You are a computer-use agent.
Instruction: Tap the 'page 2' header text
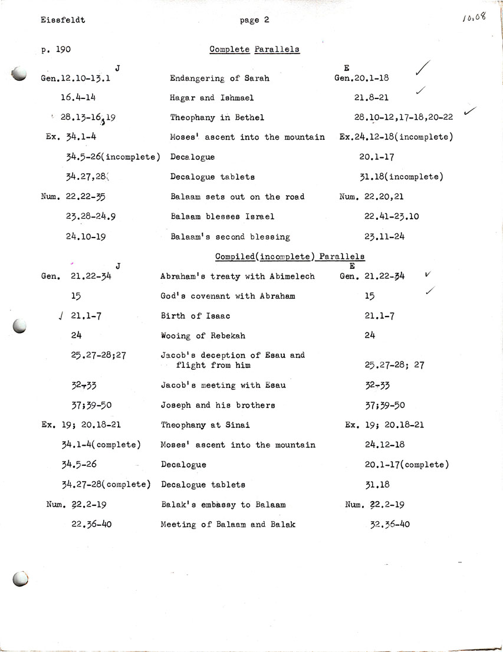point(255,20)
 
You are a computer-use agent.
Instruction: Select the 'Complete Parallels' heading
point(255,50)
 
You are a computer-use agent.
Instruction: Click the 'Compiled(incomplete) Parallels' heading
point(290,256)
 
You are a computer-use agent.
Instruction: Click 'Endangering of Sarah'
point(219,78)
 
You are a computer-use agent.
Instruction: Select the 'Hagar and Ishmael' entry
point(212,97)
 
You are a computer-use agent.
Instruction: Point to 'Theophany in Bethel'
point(217,117)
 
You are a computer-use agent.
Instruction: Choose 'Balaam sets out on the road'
point(237,196)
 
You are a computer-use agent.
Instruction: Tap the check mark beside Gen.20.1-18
point(423,70)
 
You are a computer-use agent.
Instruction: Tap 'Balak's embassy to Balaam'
point(223,505)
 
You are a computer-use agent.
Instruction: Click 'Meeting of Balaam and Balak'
point(228,524)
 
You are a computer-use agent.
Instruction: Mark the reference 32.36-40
point(389,524)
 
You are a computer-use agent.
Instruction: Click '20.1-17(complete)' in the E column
point(407,465)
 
